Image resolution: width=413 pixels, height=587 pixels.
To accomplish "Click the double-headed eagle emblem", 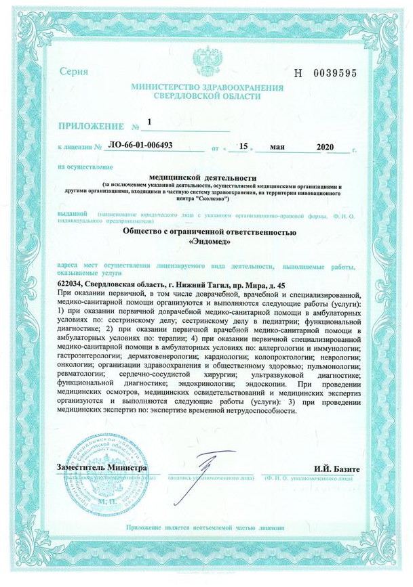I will pyautogui.click(x=206, y=60).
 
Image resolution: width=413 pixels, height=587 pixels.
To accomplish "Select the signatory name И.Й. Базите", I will pyautogui.click(x=331, y=469).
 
